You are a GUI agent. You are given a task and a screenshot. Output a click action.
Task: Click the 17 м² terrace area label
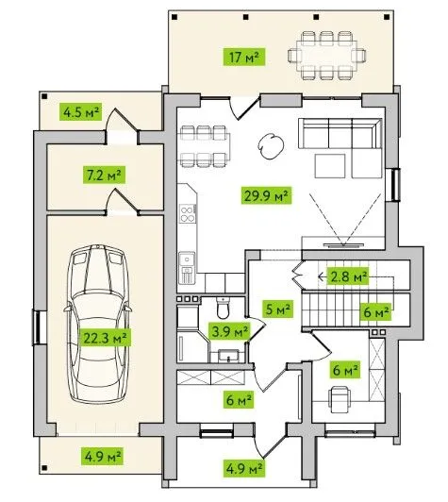(x=244, y=58)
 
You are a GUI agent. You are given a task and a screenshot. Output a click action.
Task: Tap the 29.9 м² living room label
(x=266, y=195)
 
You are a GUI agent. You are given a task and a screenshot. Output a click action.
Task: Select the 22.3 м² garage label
(x=106, y=338)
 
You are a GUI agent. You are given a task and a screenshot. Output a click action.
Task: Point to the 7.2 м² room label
(x=104, y=175)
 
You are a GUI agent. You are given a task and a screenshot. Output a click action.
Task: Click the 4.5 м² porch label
(x=80, y=111)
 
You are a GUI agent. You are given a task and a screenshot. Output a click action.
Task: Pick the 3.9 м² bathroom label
(x=229, y=331)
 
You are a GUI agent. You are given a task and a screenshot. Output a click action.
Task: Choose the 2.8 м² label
(x=348, y=276)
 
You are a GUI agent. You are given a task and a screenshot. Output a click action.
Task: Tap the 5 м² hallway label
(x=278, y=309)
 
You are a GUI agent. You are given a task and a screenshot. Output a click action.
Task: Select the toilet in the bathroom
(x=223, y=308)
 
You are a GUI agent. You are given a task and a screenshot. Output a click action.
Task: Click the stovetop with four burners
(x=187, y=213)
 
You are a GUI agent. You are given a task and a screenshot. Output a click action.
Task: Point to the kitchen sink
(x=187, y=259)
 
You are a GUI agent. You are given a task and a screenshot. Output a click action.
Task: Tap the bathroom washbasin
(x=228, y=356)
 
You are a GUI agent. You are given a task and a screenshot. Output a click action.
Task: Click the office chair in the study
(x=340, y=399)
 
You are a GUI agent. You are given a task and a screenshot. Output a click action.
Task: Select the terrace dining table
(x=327, y=56)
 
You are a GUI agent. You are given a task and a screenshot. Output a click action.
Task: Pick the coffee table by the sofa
(x=330, y=166)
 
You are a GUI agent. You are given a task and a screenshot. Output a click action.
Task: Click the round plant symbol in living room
(x=271, y=146)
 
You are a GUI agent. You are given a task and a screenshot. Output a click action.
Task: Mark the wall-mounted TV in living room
(x=343, y=245)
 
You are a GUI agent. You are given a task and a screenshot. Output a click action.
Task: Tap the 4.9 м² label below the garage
(x=103, y=456)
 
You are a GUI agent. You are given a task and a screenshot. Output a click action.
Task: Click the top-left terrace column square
(x=174, y=17)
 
